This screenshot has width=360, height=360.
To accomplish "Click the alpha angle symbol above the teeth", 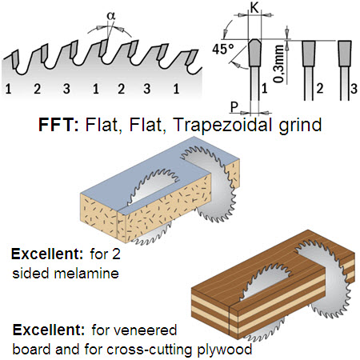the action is (x=111, y=15).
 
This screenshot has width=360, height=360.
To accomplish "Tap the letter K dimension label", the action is (x=254, y=8).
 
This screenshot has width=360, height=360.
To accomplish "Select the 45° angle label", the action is (x=223, y=49).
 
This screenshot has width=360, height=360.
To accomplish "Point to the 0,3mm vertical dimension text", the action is (x=279, y=64).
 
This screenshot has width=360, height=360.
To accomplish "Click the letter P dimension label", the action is (x=234, y=107).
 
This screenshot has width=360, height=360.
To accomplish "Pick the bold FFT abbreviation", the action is (x=58, y=124).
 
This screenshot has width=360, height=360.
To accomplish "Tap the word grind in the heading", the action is (x=300, y=126).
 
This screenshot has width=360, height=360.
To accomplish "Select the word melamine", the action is (x=86, y=274).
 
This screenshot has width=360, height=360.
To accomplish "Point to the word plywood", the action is (x=225, y=350).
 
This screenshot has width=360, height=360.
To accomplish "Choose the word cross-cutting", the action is (x=150, y=350).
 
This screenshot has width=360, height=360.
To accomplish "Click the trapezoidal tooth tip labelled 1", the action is (x=254, y=54).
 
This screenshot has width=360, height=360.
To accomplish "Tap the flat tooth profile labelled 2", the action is (x=309, y=54).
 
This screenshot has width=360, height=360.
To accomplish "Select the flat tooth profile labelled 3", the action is (x=345, y=54).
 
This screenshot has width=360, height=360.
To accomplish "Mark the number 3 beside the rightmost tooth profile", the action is (x=354, y=89).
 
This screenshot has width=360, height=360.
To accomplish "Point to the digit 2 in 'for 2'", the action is (x=116, y=254).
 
